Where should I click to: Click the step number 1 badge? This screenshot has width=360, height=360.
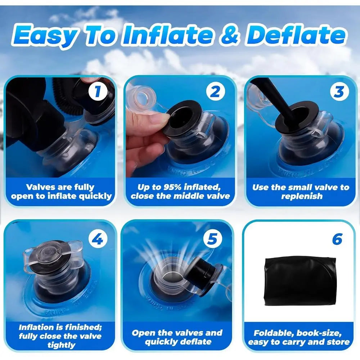(97, 92)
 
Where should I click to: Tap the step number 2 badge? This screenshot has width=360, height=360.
(215, 92)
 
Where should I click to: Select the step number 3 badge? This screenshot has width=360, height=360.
(339, 92)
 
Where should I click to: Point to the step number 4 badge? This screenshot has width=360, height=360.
(97, 239)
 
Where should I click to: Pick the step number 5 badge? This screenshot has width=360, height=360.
(215, 239)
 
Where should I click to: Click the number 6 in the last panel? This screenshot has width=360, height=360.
(337, 239)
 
